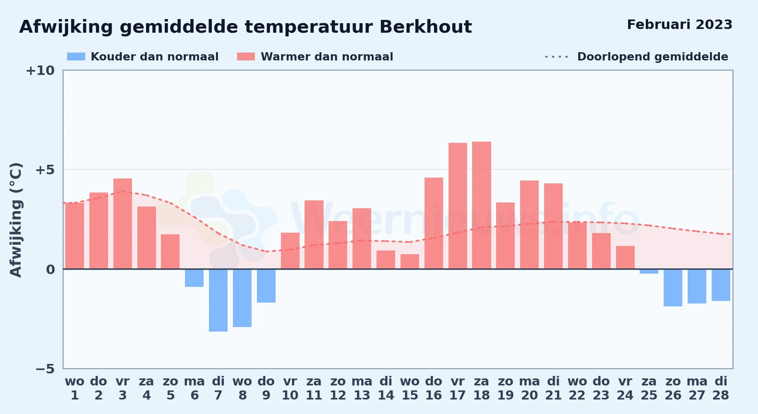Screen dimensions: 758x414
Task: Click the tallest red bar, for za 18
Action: click(482, 205)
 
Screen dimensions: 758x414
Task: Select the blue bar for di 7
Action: click(218, 300)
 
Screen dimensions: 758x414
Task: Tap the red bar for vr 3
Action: click(122, 224)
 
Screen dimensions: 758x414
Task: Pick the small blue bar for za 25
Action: click(649, 271)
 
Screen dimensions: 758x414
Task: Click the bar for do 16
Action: click(434, 223)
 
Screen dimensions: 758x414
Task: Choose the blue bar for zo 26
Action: click(673, 288)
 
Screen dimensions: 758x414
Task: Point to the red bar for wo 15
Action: click(410, 262)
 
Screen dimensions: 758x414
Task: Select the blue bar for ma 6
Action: click(194, 278)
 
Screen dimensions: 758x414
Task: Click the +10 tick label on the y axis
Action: click(40, 71)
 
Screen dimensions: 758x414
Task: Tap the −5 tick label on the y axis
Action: click(45, 369)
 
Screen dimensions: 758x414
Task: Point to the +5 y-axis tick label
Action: click(45, 170)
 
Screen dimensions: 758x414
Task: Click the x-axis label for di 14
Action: click(386, 388)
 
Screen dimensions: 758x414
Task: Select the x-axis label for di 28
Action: click(721, 388)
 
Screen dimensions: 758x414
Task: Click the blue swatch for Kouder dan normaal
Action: click(76, 57)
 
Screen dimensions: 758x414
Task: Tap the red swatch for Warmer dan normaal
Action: click(246, 57)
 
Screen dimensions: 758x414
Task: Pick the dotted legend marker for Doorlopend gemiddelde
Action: click(557, 57)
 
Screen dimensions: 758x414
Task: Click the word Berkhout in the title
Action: click(426, 27)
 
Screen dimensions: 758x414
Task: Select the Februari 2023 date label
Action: click(680, 24)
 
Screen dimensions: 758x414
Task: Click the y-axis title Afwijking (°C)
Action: click(16, 220)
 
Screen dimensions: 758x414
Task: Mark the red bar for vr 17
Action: click(458, 206)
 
